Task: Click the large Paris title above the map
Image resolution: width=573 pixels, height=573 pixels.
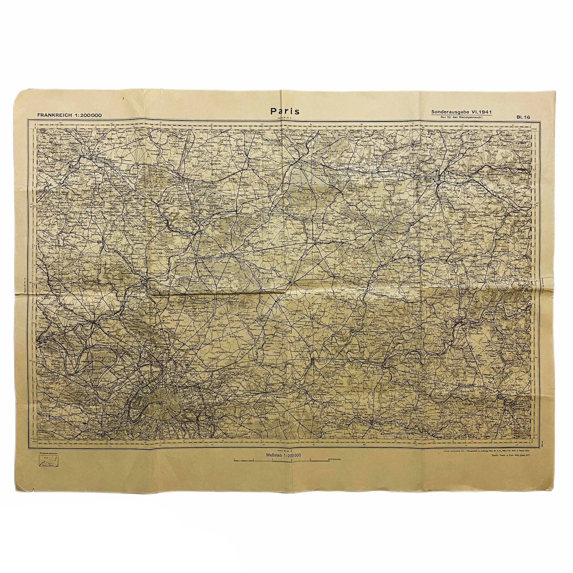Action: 285,111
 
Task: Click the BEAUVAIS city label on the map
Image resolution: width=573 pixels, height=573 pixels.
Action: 94,154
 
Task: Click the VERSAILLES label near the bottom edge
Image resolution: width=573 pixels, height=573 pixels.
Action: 94,436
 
